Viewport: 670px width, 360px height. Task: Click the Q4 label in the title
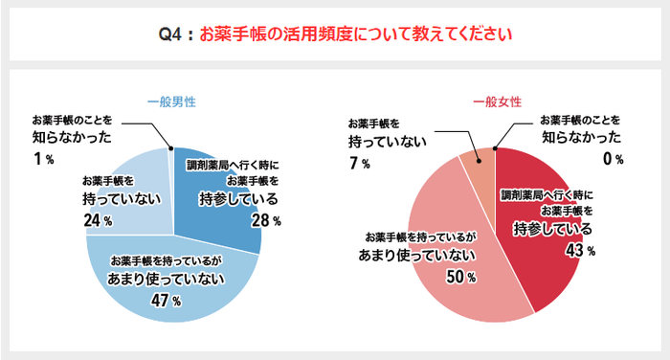[x=173, y=35]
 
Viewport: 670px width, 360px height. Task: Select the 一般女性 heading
[x=497, y=101]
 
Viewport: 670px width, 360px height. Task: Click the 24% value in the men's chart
[x=99, y=220]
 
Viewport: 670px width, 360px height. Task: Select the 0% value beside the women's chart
[x=612, y=159]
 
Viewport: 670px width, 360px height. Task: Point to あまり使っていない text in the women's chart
[x=418, y=256]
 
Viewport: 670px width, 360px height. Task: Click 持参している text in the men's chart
[x=238, y=200]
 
